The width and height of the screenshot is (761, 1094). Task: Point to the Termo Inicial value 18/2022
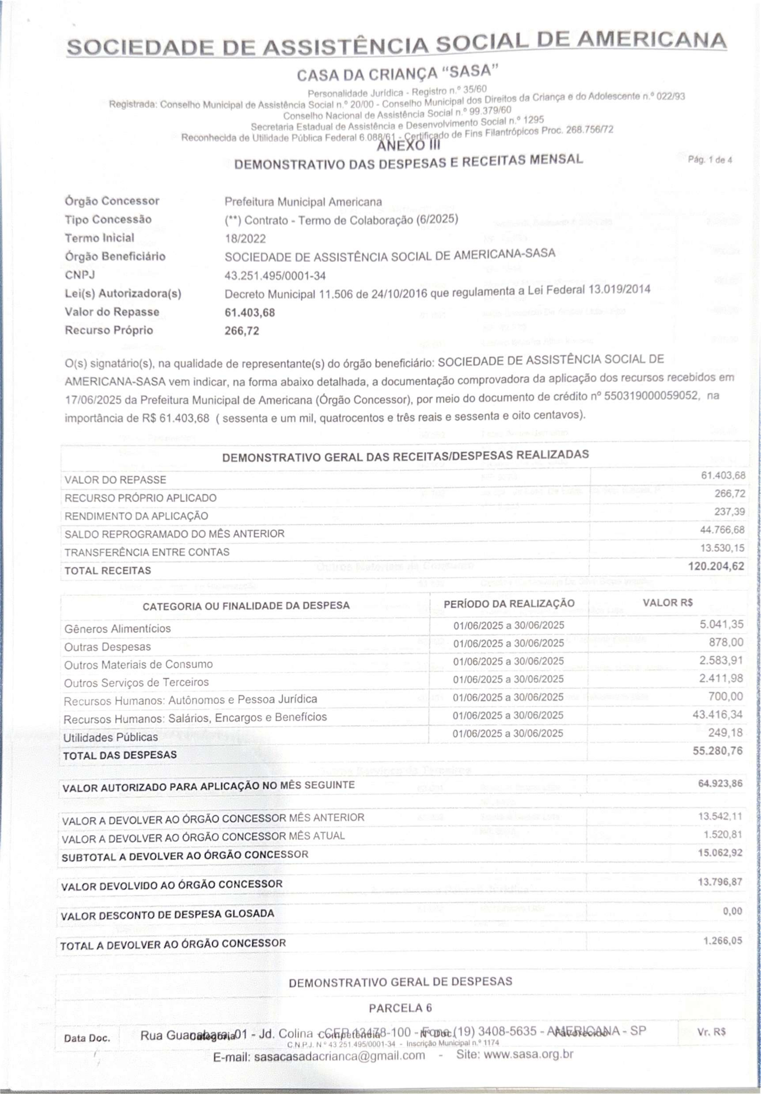tap(245, 239)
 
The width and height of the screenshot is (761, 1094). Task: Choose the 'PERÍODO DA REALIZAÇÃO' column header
tap(509, 604)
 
